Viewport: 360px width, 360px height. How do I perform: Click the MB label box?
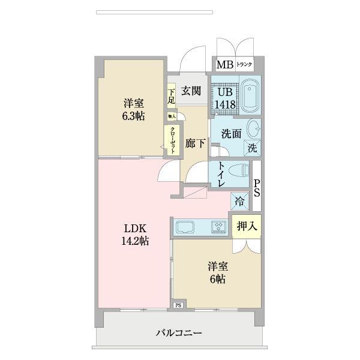coord(224,65)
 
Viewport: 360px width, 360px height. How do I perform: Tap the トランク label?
coord(244,65)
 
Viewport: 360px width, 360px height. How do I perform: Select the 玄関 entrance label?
coord(191,91)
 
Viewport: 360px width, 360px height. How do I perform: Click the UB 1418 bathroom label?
coord(226,98)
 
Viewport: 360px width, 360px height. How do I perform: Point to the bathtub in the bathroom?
coord(250,97)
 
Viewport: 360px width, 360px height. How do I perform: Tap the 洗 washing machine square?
coord(253,148)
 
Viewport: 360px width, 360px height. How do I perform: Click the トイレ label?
coord(221,175)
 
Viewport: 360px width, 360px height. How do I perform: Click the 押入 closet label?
coord(247,226)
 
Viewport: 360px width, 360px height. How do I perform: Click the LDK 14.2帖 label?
coord(136,235)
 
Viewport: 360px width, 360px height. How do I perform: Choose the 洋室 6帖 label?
coord(217,272)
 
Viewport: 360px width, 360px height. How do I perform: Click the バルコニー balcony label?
coord(179,332)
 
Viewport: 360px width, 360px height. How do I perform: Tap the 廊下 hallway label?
coord(195,143)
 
